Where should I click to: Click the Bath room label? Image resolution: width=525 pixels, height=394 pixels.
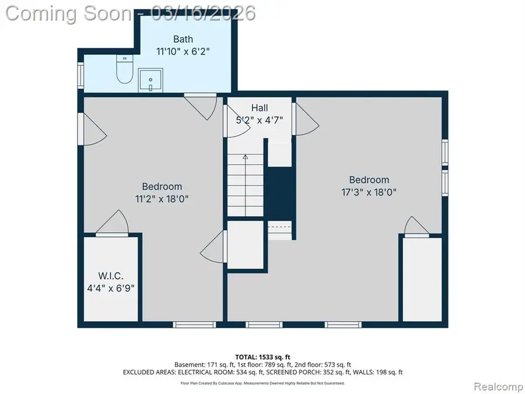[183, 40]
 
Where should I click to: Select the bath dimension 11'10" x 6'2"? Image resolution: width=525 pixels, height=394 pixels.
[183, 51]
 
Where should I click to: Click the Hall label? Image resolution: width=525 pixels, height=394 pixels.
[260, 108]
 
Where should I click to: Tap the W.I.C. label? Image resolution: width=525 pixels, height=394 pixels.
[110, 276]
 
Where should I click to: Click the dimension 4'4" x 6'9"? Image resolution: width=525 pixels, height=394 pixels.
[110, 287]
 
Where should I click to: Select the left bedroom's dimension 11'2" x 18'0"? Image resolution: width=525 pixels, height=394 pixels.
[162, 198]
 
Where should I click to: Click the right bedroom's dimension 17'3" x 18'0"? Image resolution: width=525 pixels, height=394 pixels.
[369, 192]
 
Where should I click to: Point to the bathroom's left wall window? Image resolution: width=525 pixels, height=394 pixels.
[80, 74]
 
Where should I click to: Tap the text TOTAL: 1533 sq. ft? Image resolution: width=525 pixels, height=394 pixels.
[262, 356]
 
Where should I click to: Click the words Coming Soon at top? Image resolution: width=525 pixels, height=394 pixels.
[67, 12]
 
